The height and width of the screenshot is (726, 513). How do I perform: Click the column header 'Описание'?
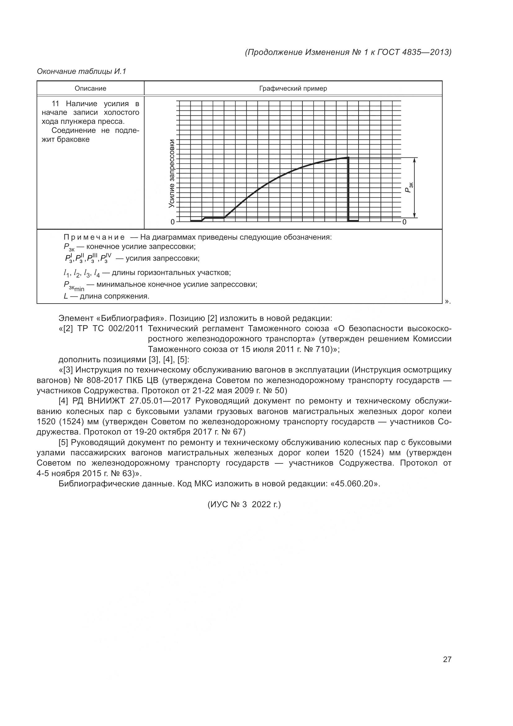point(90,88)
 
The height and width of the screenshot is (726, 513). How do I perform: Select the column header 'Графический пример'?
point(293,88)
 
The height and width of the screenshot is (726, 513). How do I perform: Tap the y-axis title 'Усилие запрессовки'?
point(172,173)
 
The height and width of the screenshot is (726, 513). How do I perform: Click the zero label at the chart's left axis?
point(172,222)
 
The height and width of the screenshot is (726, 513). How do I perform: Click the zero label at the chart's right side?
point(404,222)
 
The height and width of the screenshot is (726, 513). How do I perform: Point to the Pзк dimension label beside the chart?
point(408,187)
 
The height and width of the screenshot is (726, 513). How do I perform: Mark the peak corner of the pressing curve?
point(348,157)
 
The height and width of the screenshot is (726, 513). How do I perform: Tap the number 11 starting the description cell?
point(55,104)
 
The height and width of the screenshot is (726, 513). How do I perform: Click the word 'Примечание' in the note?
point(94,237)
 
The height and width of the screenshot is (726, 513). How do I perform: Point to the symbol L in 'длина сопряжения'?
point(66,296)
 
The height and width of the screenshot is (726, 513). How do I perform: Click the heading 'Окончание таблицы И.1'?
point(82,71)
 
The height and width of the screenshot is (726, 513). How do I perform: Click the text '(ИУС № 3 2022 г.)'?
point(244,504)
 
